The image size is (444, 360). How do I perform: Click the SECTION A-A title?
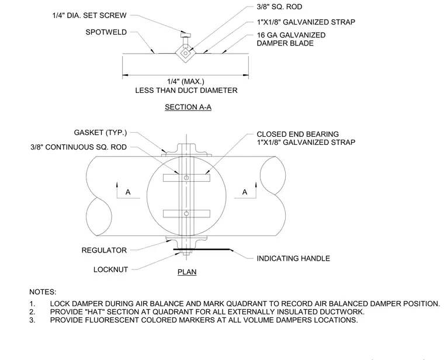click(188, 107)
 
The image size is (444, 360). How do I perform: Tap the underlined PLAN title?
click(187, 272)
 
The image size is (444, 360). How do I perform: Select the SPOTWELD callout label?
click(106, 32)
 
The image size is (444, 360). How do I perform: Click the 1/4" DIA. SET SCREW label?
click(89, 16)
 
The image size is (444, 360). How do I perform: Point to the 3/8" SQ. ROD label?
click(279, 7)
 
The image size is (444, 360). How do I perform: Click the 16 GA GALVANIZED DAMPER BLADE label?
click(291, 39)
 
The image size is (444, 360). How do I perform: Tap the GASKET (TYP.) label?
click(100, 133)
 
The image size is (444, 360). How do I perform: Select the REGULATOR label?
click(104, 250)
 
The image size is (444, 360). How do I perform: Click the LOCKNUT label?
click(111, 269)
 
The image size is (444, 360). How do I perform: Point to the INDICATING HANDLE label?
click(293, 258)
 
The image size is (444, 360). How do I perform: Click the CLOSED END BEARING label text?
click(297, 134)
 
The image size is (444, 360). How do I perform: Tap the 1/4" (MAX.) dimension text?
click(185, 82)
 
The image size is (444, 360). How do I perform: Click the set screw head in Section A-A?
click(185, 36)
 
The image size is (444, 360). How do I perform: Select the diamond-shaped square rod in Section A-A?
click(185, 53)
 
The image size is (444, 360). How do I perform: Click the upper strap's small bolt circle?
click(186, 178)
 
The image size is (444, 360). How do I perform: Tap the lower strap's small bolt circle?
click(186, 213)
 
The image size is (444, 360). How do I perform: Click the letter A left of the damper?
click(128, 192)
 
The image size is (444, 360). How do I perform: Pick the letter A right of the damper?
click(245, 192)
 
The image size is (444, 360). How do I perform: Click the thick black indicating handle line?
click(202, 250)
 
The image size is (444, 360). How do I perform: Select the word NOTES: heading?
click(43, 292)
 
